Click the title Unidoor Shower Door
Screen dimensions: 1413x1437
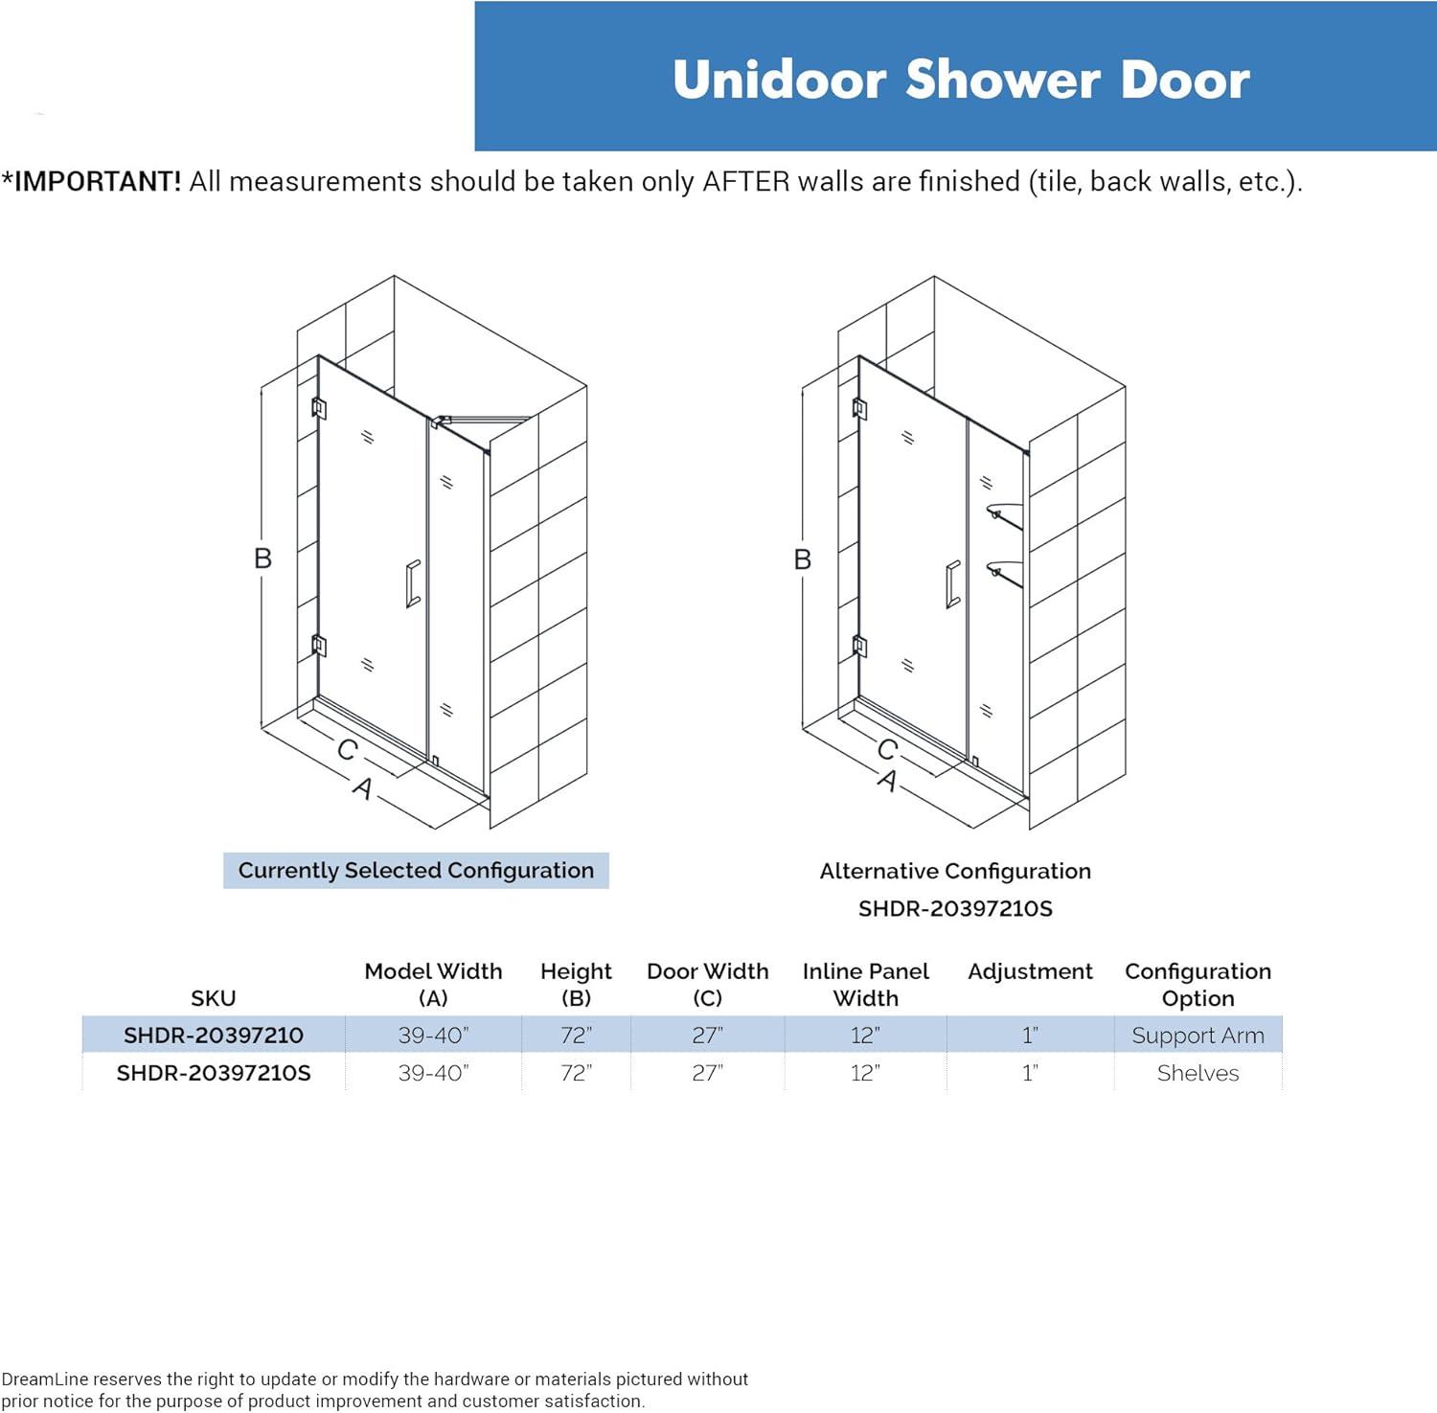tap(960, 80)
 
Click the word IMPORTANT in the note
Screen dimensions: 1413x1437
tap(97, 181)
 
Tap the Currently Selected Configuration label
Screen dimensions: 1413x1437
tap(416, 871)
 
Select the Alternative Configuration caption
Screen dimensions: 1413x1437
tap(955, 871)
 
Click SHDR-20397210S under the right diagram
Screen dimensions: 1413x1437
tap(955, 908)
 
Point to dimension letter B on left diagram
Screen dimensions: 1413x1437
tap(262, 558)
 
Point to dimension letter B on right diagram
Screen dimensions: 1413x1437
tap(803, 559)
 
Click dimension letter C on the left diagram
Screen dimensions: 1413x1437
tap(347, 749)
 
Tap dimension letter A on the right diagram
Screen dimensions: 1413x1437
tap(888, 781)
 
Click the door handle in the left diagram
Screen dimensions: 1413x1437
tap(413, 583)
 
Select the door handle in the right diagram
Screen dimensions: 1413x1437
tap(952, 583)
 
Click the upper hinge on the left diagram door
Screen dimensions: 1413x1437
tap(319, 408)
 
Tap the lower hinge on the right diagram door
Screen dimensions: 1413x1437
tap(859, 647)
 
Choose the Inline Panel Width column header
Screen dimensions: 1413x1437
tap(865, 984)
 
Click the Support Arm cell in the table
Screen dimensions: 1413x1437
tap(1197, 1036)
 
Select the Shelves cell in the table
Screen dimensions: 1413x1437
tap(1197, 1073)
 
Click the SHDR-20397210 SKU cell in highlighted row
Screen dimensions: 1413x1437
tap(213, 1036)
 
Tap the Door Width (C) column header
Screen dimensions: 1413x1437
tap(707, 984)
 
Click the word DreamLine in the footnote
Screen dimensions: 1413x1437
tap(45, 1379)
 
